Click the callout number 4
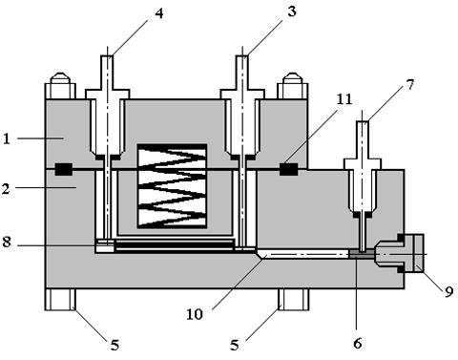158,13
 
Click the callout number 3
291,11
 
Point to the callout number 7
410,85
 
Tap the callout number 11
344,99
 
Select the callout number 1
7,138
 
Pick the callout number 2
6,189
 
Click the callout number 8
7,242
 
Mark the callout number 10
195,314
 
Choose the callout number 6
358,344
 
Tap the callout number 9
448,291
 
